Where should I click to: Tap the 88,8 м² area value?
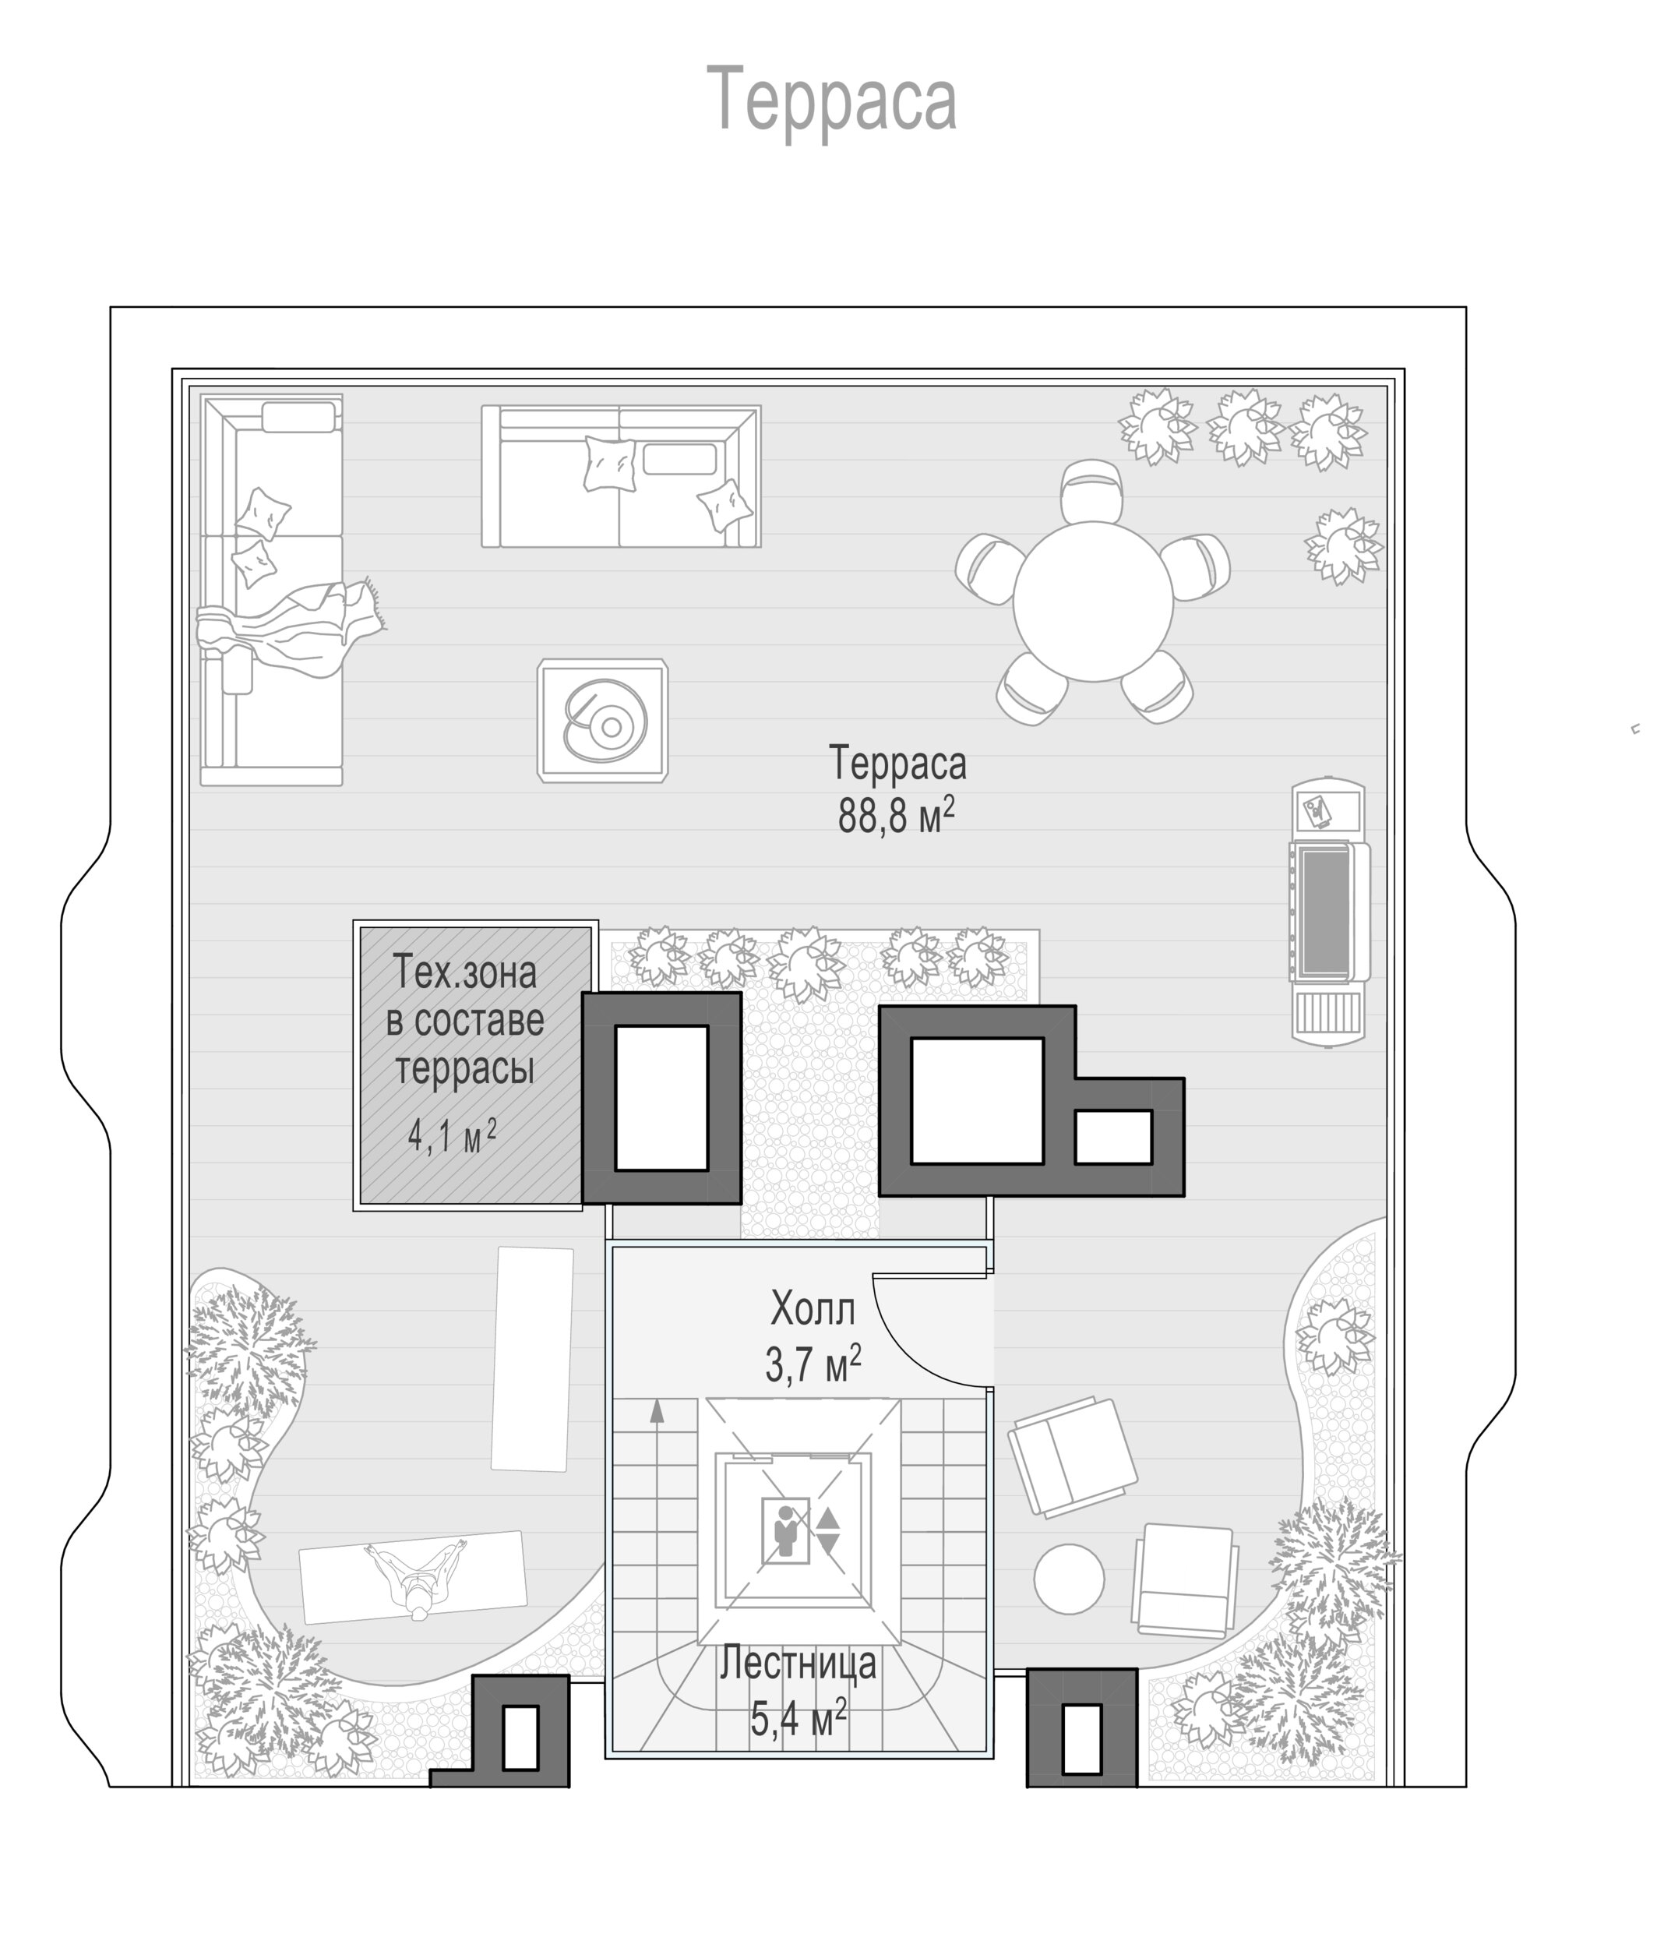(x=896, y=815)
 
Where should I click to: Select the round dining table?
(x=1092, y=601)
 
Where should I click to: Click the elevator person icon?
(x=784, y=1530)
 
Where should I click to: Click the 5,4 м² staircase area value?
(x=799, y=1719)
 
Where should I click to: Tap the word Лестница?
(x=799, y=1664)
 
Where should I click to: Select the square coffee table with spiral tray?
(x=603, y=720)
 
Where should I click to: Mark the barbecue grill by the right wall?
(x=1328, y=910)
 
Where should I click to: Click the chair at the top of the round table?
(x=1091, y=490)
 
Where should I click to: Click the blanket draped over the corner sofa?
(x=291, y=624)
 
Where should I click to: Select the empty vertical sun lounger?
(x=532, y=1358)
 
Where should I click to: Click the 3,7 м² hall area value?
(x=813, y=1364)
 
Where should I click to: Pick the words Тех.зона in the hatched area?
(x=464, y=972)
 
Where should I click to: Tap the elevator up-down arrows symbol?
(x=828, y=1530)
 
